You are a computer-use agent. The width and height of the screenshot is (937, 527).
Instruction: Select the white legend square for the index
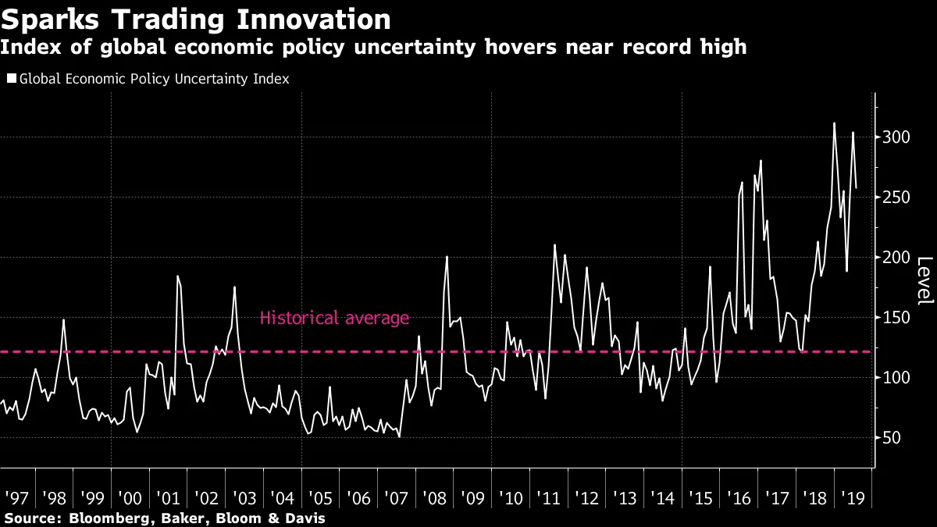tap(11, 79)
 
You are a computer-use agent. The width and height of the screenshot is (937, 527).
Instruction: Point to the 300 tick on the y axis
tap(896, 137)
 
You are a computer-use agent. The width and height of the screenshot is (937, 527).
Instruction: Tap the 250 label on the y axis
tap(896, 198)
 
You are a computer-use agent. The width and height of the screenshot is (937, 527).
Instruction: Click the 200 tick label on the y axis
tap(896, 258)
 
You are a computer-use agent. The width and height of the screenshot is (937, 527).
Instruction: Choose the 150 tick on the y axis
tap(896, 318)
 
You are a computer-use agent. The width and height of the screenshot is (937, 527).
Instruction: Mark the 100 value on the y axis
tap(896, 378)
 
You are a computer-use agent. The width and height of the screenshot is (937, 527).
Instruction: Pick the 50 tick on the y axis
tap(892, 438)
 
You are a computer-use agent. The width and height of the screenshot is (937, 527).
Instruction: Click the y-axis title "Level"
tap(925, 281)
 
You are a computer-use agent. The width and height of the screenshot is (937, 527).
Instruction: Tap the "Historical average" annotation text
tap(334, 318)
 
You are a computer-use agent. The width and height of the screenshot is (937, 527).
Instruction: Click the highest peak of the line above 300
tap(834, 123)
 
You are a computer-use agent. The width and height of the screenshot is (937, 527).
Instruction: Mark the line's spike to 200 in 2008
tap(447, 257)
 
